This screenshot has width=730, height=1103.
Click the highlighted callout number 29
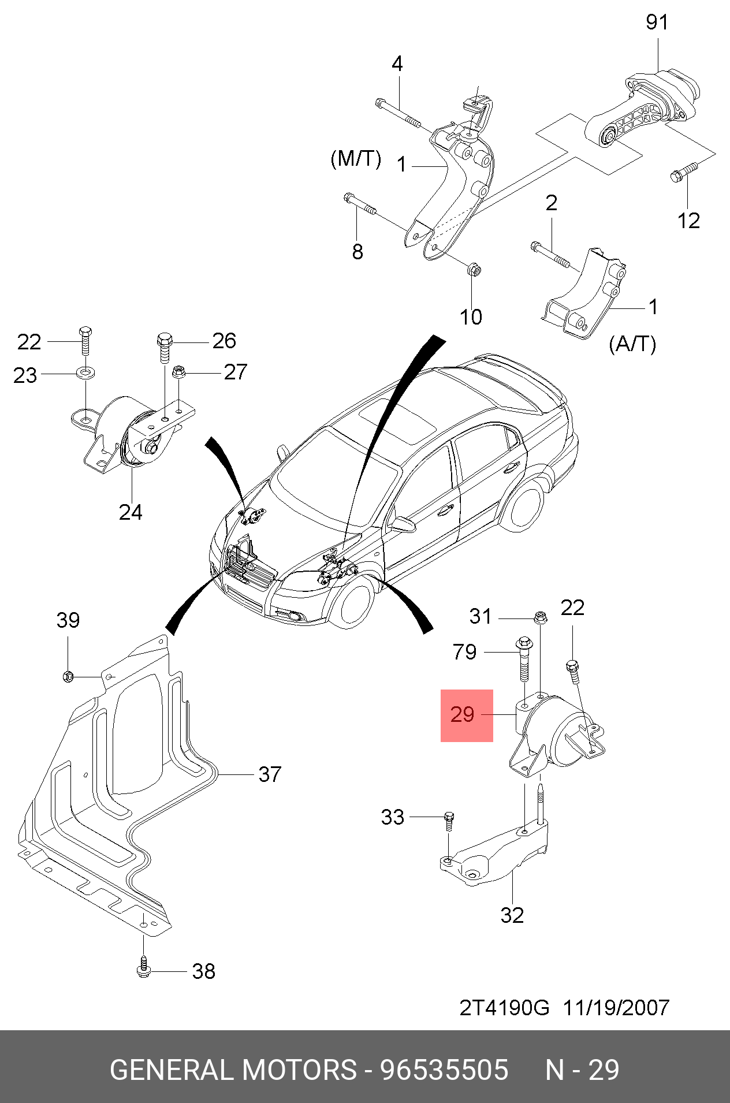[x=463, y=715]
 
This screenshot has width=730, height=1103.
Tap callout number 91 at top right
[x=657, y=23]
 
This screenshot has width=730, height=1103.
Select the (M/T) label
[x=356, y=158]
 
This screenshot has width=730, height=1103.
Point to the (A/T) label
[x=632, y=344]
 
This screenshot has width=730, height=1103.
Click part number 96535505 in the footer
[x=444, y=1070]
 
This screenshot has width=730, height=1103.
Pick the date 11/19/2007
[x=616, y=1008]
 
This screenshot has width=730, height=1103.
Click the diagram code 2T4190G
[x=504, y=1008]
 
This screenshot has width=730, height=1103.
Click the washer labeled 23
[x=85, y=371]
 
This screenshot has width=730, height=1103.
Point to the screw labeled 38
[x=143, y=970]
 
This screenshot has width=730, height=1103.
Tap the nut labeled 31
[x=541, y=617]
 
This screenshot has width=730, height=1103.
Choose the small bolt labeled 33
[x=449, y=819]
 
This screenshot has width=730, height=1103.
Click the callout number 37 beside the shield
[x=270, y=774]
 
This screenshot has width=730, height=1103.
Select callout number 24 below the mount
[x=131, y=512]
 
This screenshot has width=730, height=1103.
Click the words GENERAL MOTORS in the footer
[x=233, y=1070]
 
